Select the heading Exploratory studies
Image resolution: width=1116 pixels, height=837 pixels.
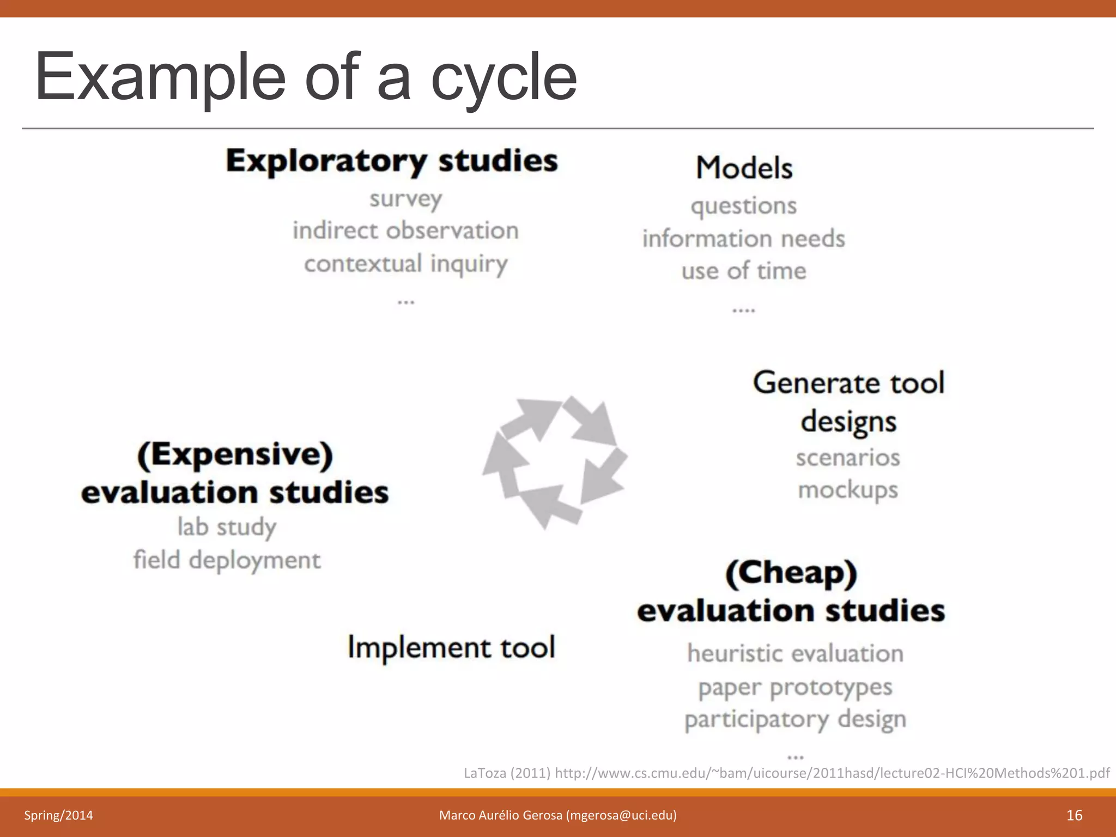tap(392, 161)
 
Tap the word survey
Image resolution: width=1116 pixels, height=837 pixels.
tap(405, 199)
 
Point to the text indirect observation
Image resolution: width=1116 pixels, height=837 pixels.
tap(405, 231)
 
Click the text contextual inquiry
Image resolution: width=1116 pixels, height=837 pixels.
tap(405, 264)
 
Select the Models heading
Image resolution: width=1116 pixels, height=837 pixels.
tap(744, 168)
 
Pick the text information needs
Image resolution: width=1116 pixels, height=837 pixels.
tap(743, 239)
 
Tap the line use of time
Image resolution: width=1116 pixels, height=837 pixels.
tap(743, 271)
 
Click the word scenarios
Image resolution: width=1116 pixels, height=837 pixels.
tap(848, 458)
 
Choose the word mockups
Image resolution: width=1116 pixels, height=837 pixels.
tap(848, 490)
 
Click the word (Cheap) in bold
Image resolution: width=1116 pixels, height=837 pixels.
tap(791, 573)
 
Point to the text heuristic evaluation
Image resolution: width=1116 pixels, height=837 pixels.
tap(795, 653)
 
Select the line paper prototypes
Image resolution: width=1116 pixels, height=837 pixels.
tap(795, 688)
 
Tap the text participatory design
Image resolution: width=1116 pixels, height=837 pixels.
tap(795, 720)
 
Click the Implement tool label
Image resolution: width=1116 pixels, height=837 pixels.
tap(451, 647)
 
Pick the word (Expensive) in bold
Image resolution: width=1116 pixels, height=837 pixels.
tap(235, 455)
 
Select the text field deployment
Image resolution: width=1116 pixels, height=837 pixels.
tap(227, 560)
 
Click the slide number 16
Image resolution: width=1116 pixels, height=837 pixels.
tap(1074, 815)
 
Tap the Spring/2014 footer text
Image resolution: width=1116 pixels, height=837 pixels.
tap(58, 815)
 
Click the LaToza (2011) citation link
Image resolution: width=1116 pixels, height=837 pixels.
tap(786, 773)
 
